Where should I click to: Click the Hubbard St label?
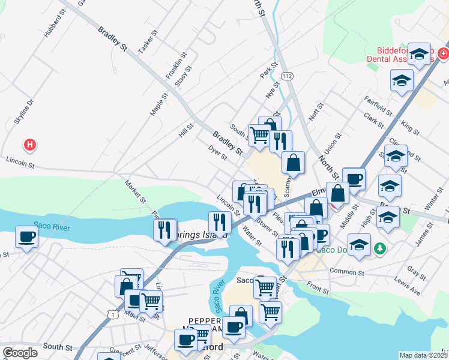tap(53, 23)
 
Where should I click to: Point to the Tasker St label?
tap(146, 41)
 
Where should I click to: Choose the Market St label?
tap(135, 191)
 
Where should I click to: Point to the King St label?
tap(411, 127)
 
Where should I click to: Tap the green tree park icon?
tap(379, 247)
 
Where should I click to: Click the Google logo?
tap(20, 353)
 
